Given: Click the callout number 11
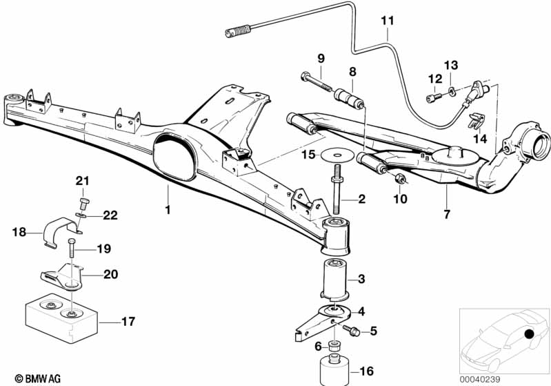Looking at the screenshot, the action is (x=388, y=21).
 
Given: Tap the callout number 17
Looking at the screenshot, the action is (x=128, y=322).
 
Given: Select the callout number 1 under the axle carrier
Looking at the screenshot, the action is (x=168, y=210).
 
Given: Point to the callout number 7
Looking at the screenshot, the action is (x=447, y=214).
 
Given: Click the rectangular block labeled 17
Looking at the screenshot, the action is (x=61, y=318).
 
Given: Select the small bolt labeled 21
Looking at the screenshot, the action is (x=83, y=204).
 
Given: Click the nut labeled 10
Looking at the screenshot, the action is (x=399, y=178).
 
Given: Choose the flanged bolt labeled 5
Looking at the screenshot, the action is (x=351, y=330).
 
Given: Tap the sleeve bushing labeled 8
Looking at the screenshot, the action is (x=349, y=98).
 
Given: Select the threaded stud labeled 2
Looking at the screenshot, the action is (x=336, y=189).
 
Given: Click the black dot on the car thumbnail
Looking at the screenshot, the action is (x=528, y=333).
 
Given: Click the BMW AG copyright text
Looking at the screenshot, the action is (x=38, y=379).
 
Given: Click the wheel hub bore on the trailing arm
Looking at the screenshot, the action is (x=541, y=144).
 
